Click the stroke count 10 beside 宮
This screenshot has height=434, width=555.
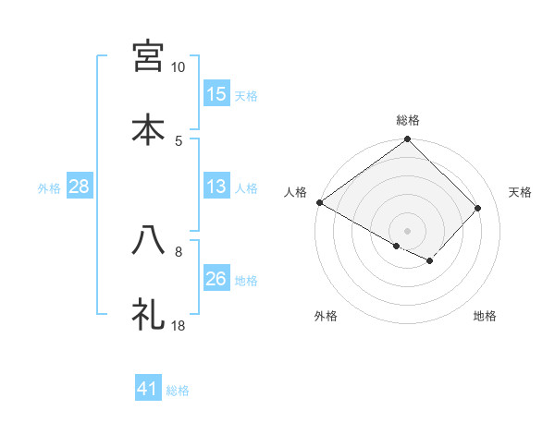coord(178,67)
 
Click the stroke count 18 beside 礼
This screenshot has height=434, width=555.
coord(178,326)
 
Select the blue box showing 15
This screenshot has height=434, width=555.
coord(216,94)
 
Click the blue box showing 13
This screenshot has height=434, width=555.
coord(216,187)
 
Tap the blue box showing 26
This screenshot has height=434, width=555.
coord(216,279)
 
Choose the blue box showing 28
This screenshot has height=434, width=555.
coord(79,187)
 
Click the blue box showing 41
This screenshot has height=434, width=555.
coord(148,389)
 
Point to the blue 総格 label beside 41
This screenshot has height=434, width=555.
coord(178,391)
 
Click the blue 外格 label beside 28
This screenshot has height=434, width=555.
coord(49,188)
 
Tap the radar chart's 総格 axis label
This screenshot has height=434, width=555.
coord(408,120)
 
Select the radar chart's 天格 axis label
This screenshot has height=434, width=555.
coord(521,192)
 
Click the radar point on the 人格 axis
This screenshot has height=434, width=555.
coord(319,202)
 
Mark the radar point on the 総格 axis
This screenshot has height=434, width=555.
coord(408,140)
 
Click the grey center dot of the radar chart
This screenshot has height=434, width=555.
coord(408,230)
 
